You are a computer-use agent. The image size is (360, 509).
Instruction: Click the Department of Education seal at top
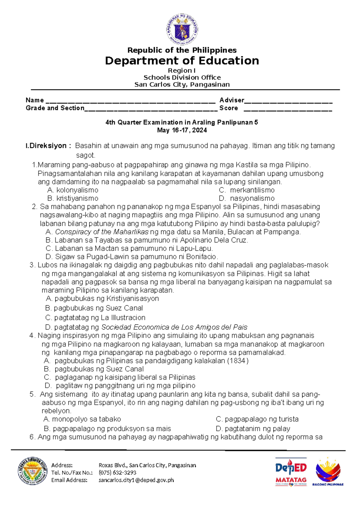point(182,29)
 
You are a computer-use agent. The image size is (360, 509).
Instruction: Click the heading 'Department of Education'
point(182,61)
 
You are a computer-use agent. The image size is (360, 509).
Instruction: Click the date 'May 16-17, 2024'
point(182,130)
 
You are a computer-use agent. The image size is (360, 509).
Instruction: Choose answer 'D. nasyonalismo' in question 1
point(247,198)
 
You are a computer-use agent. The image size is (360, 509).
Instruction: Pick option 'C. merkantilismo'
point(247,190)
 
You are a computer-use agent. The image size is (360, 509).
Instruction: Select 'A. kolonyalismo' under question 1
point(73,190)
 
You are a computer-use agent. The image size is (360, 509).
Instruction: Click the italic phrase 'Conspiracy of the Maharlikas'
point(102,232)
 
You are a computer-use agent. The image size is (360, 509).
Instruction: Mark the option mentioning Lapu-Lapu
point(129,248)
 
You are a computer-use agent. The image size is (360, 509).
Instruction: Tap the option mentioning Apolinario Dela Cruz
point(147,240)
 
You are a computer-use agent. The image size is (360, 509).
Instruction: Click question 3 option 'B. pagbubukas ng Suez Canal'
point(94,308)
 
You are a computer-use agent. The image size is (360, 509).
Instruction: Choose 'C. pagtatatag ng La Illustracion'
point(95,318)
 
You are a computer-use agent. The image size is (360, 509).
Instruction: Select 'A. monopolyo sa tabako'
point(82,419)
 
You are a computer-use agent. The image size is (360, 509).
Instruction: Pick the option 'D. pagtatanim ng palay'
point(253,429)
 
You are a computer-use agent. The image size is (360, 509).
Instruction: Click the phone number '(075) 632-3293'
point(118,473)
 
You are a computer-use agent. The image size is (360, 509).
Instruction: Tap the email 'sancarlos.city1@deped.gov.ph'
point(136,480)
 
